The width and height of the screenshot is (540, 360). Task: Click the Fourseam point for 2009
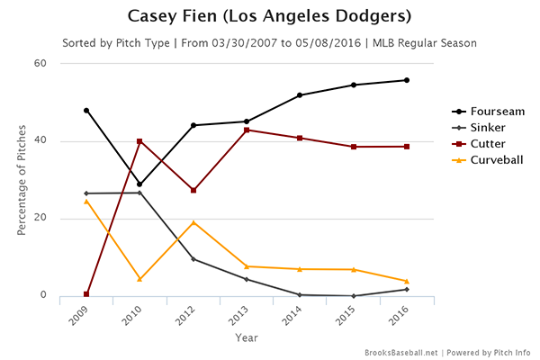pos(86,111)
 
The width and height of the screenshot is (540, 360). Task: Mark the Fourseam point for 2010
pos(139,184)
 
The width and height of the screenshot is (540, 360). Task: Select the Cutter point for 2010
pos(139,141)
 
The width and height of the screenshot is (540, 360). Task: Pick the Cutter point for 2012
pos(193,191)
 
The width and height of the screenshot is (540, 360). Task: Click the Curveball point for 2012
pos(193,222)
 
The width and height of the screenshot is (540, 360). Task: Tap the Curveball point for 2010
pos(139,279)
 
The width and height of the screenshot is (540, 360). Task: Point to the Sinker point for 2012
pos(193,259)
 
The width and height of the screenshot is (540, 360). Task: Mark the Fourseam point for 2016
pos(407,80)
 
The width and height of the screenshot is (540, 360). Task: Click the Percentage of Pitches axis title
pos(22,180)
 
